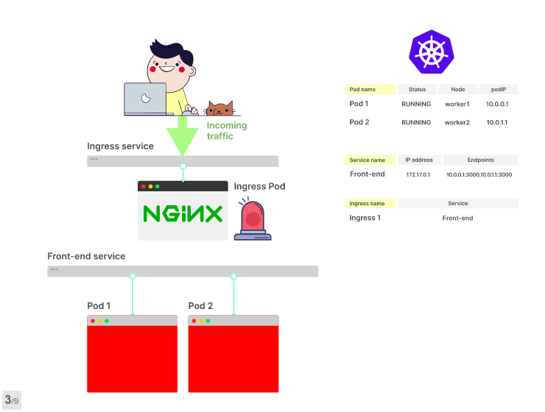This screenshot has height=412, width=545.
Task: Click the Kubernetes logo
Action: [x=432, y=51]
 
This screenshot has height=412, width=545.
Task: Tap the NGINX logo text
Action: [x=183, y=214]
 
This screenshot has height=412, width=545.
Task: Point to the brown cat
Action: [x=219, y=110]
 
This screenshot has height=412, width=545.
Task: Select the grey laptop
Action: [x=146, y=99]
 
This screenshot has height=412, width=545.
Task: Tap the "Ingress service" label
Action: [x=120, y=146]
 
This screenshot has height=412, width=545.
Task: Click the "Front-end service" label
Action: [x=86, y=257]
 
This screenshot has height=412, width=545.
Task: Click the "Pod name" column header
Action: [x=369, y=90]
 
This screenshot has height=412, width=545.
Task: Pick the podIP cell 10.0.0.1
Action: [x=497, y=104]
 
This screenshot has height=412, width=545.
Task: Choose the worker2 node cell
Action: [x=457, y=122]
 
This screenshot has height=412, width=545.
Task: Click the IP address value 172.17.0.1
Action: [x=417, y=175]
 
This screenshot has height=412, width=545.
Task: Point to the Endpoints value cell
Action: [x=479, y=175]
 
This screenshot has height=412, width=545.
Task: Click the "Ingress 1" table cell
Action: [x=365, y=218]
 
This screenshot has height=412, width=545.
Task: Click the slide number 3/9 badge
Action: [x=12, y=400]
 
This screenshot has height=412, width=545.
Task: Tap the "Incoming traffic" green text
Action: [x=226, y=131]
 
